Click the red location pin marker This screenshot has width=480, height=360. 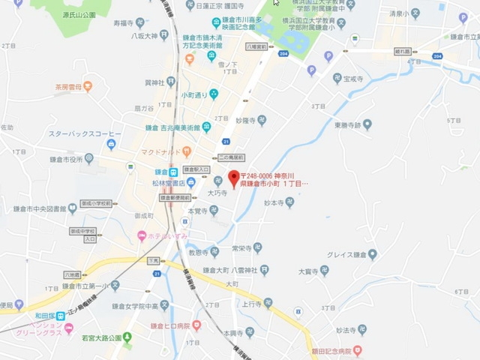(x=232, y=178)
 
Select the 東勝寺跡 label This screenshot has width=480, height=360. (x=347, y=125)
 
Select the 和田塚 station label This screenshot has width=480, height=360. (x=47, y=315)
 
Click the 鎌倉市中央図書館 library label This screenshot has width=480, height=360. (x=41, y=209)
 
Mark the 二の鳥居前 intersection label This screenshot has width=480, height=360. (x=231, y=157)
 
